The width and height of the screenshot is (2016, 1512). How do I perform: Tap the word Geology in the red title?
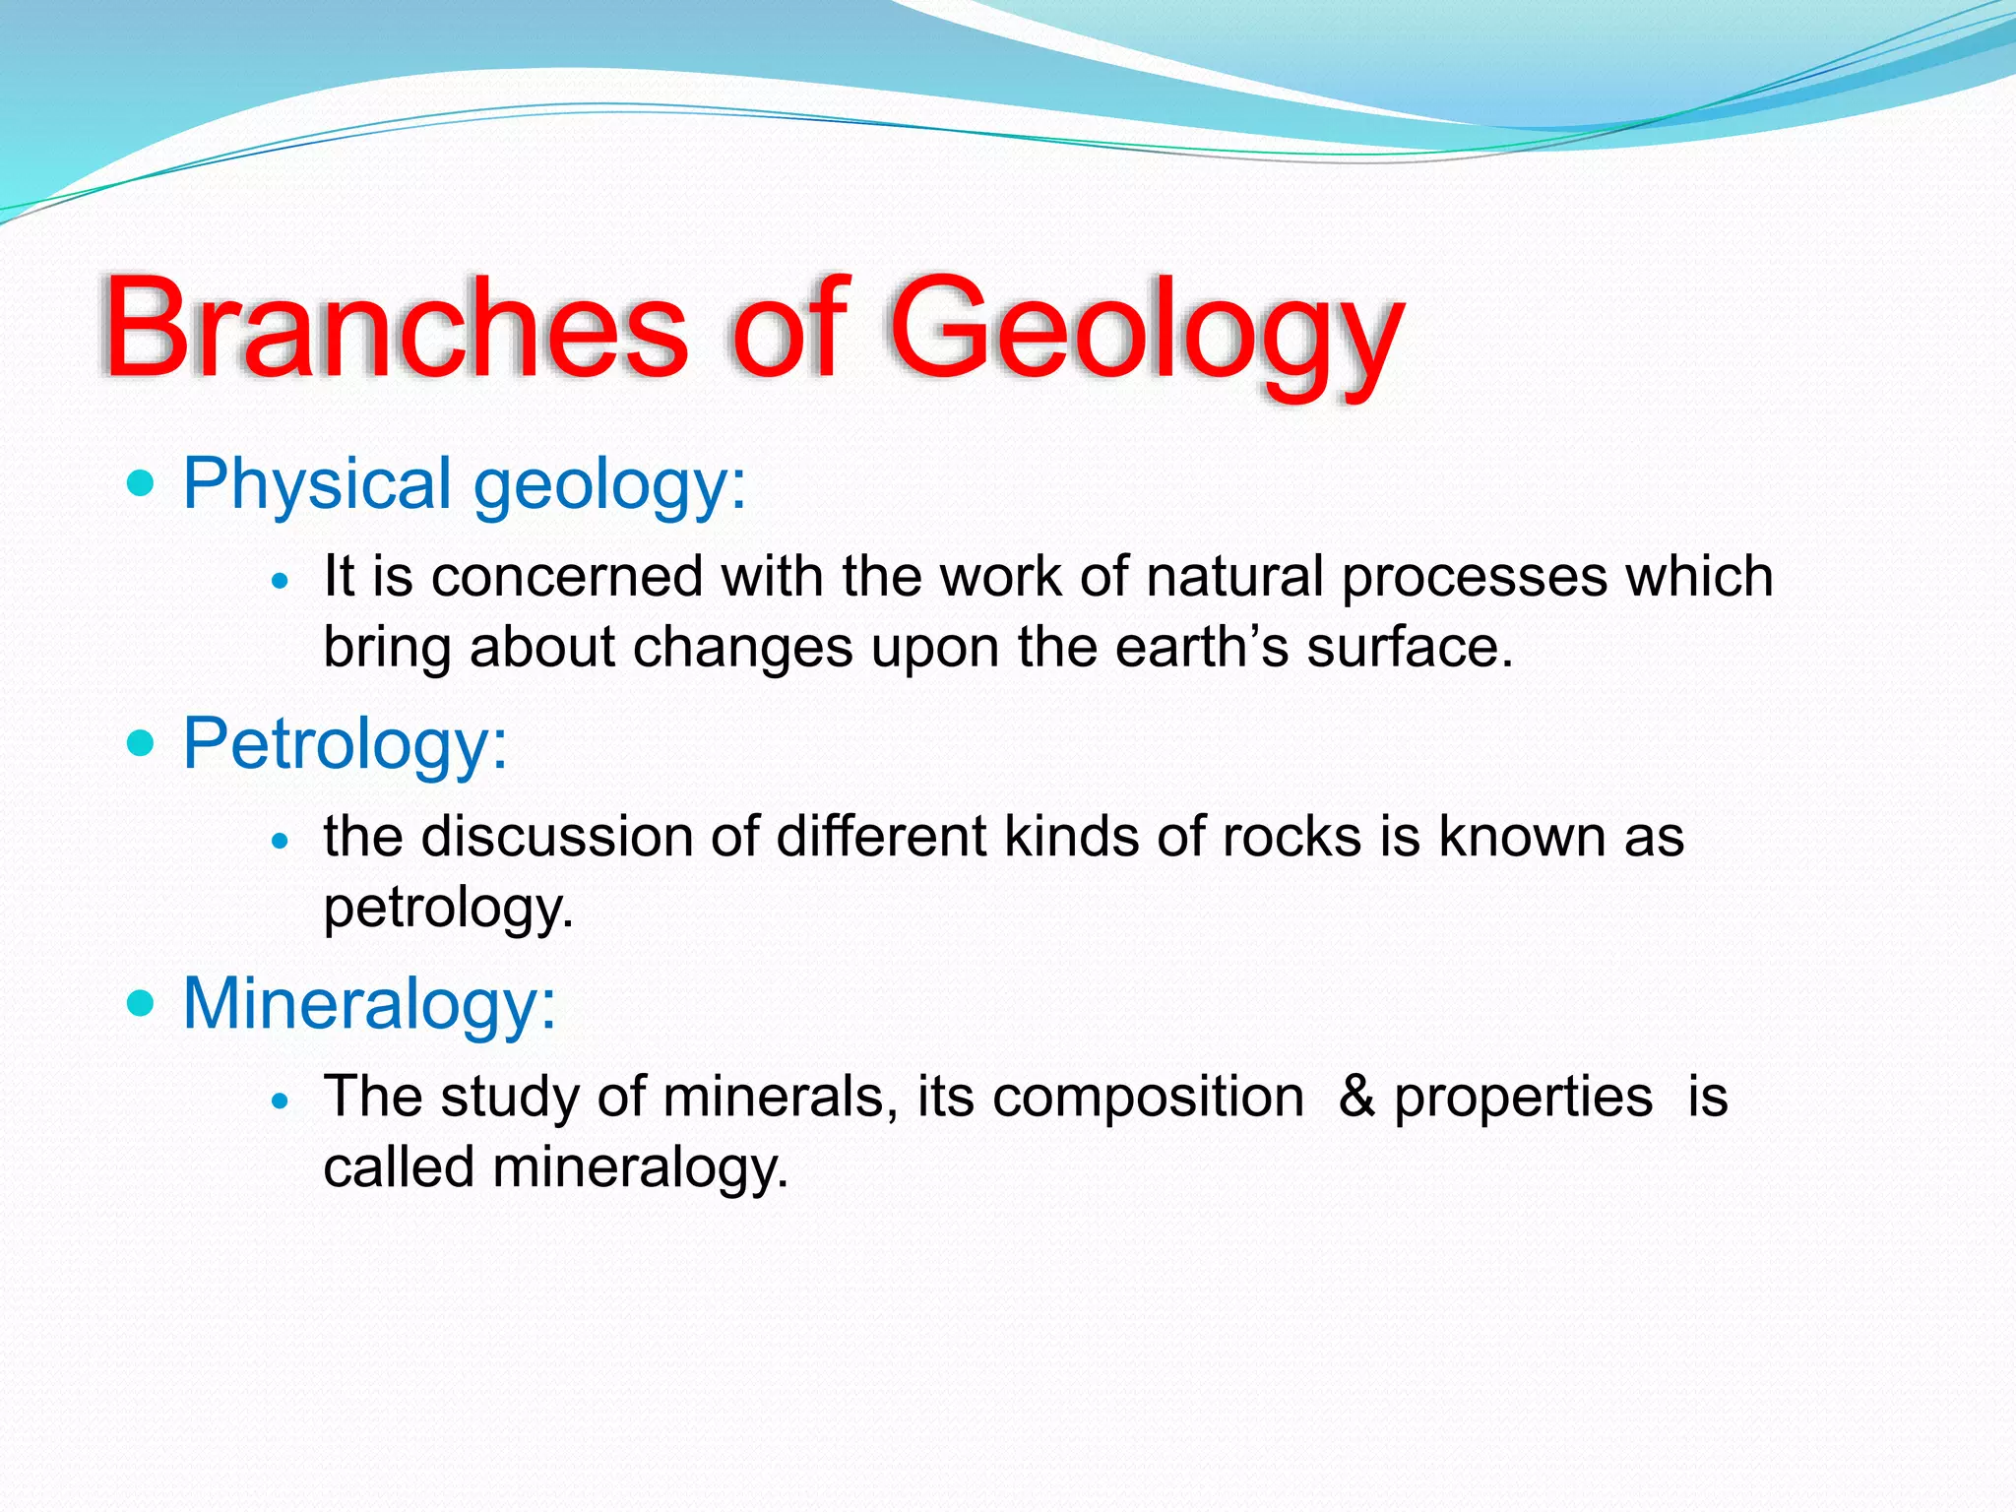tap(1146, 330)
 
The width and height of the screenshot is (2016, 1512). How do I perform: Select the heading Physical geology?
tap(465, 484)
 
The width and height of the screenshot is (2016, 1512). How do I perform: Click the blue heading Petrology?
tap(345, 743)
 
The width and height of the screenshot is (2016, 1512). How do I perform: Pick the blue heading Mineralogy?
tap(369, 1003)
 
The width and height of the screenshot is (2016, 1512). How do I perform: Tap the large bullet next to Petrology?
tap(142, 743)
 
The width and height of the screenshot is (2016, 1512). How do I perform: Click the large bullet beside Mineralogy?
tap(142, 1003)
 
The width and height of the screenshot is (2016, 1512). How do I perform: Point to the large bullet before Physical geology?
tap(142, 484)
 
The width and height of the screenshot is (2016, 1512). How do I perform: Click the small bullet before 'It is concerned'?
tap(282, 582)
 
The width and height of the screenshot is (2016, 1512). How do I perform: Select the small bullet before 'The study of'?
tap(282, 1102)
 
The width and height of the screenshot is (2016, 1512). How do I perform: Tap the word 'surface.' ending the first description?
tap(1409, 648)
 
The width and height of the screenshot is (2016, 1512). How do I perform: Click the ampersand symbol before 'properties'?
tap(1356, 1097)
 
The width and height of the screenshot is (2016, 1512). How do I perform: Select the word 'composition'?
tap(1148, 1099)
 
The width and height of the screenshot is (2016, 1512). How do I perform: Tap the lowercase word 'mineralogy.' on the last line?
tap(640, 1168)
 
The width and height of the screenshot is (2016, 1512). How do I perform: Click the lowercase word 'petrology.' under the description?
tap(448, 909)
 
